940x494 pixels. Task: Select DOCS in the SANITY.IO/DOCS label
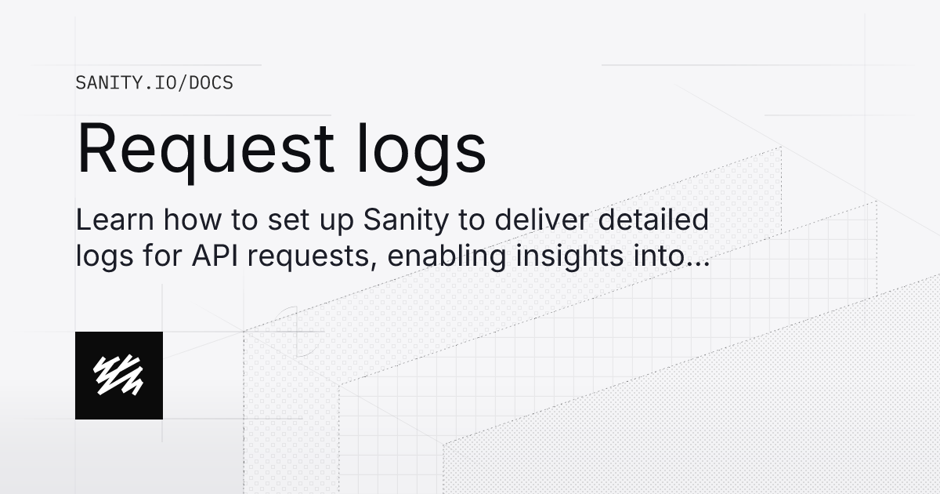coord(210,82)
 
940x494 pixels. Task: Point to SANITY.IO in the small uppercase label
coord(126,82)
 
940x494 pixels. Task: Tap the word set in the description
coord(277,220)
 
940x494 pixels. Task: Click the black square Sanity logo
coord(119,376)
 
